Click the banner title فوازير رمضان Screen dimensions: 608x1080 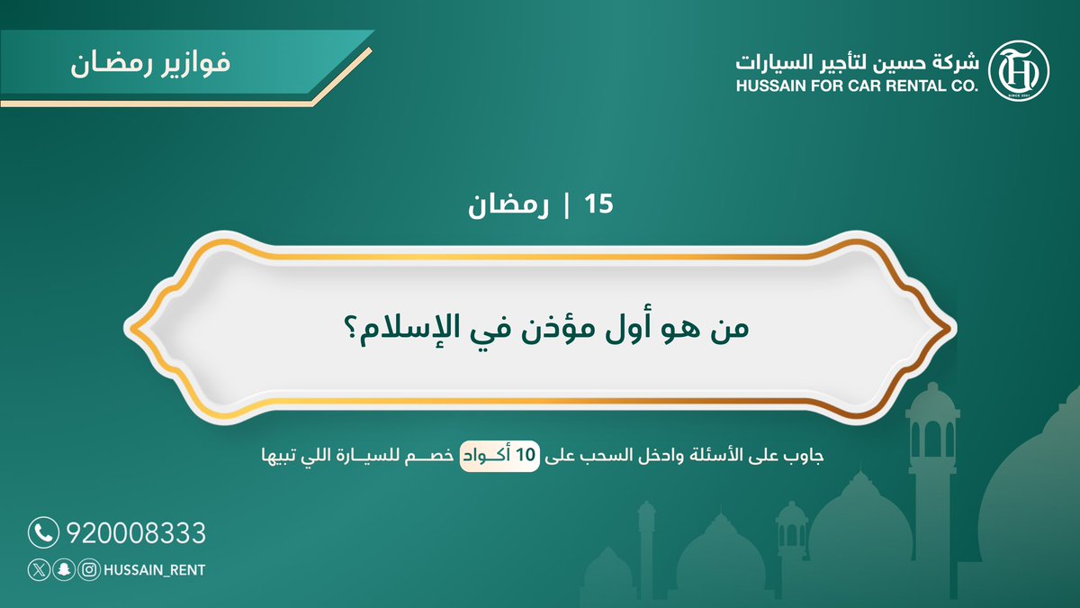149,66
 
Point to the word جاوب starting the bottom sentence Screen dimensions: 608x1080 803,456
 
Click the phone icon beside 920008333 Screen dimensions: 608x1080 42,532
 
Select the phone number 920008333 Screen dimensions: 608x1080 136,533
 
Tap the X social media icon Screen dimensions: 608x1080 38,569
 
